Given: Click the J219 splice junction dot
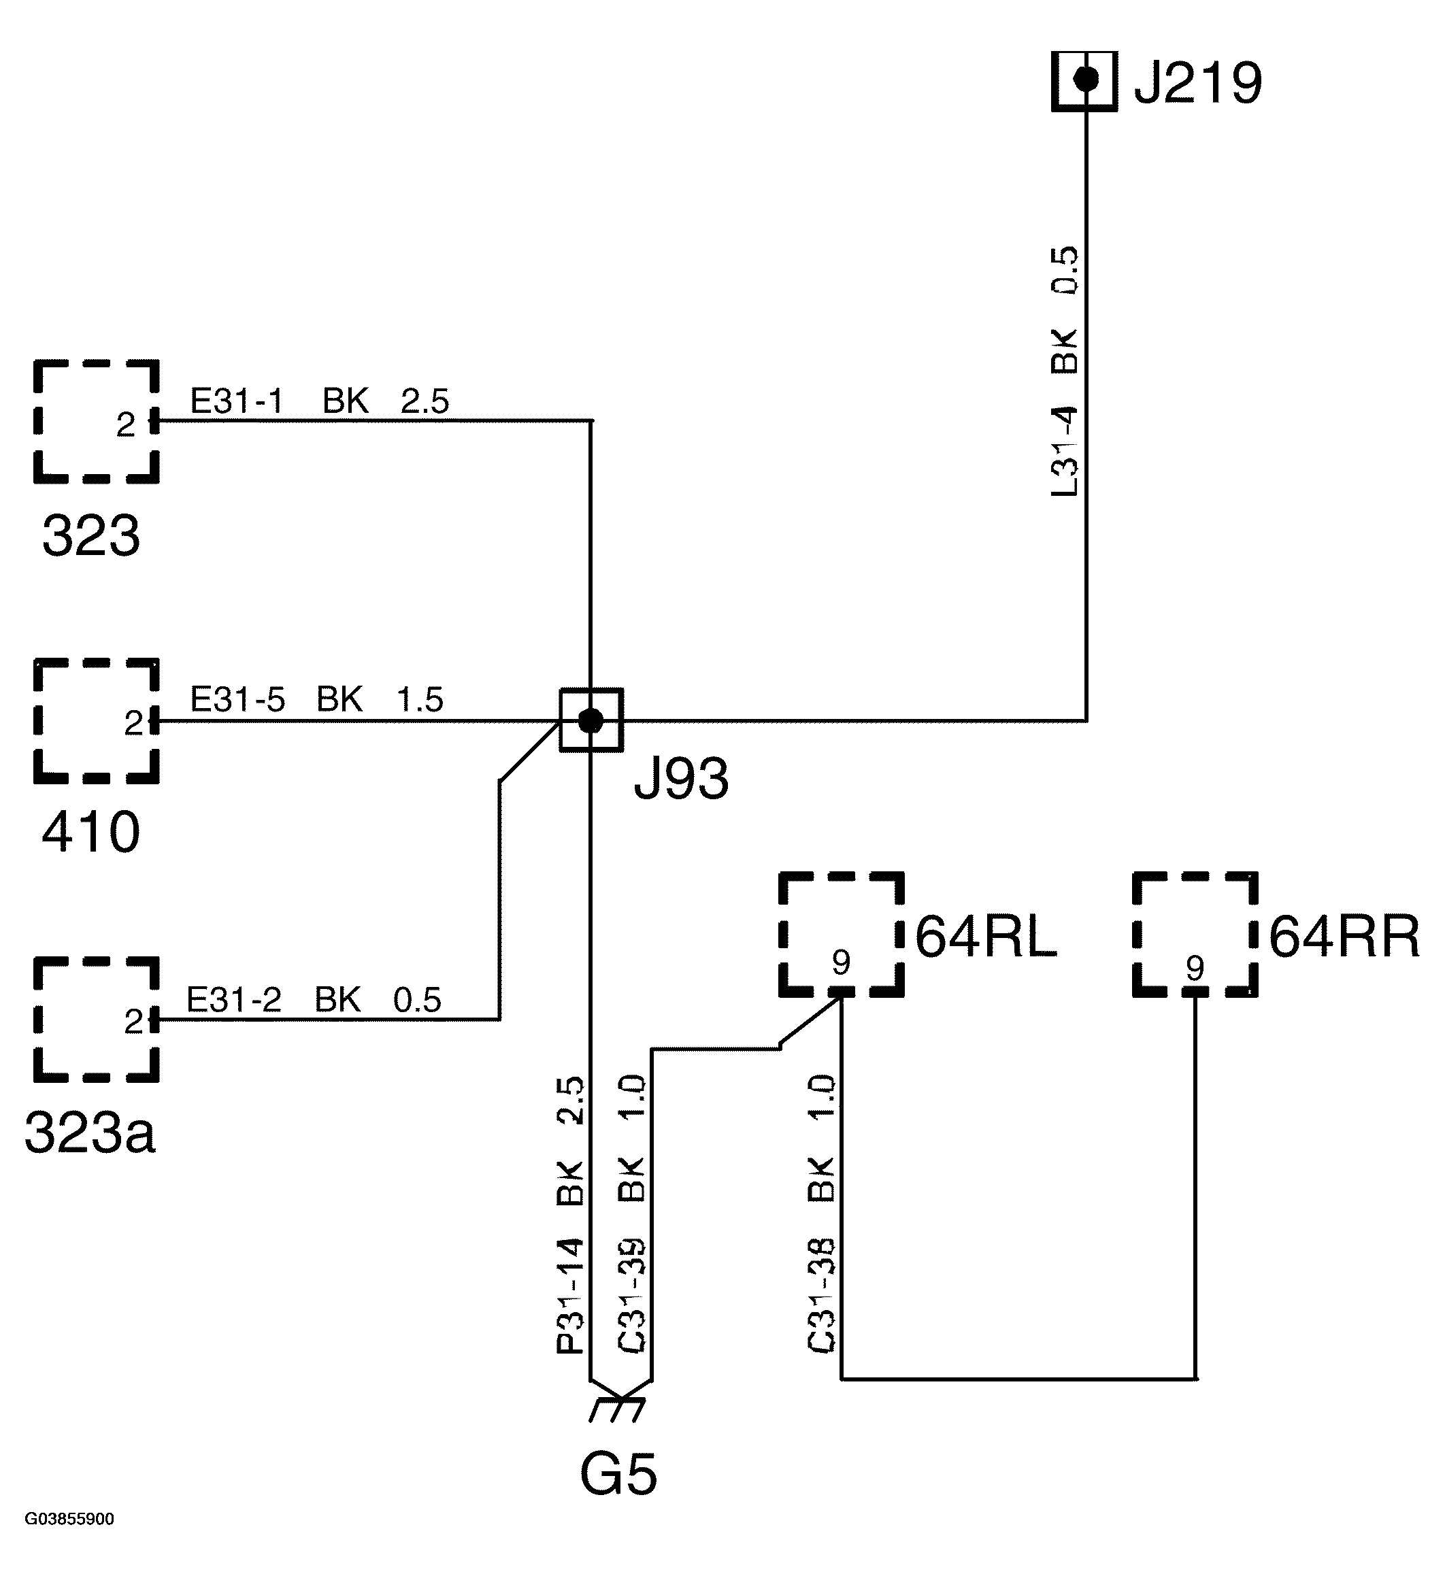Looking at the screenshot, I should point(1085,80).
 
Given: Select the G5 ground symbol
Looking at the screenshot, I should point(618,1409).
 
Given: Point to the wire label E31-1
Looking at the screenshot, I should point(236,402).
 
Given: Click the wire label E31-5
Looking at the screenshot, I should point(237,700).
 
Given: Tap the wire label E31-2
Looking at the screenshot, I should point(234,1000).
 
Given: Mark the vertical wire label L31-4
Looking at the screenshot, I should point(1065,451).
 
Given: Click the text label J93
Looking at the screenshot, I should point(681,779).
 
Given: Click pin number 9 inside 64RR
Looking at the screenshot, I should point(1195,969).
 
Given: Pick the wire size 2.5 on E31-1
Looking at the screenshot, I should point(425,402).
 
